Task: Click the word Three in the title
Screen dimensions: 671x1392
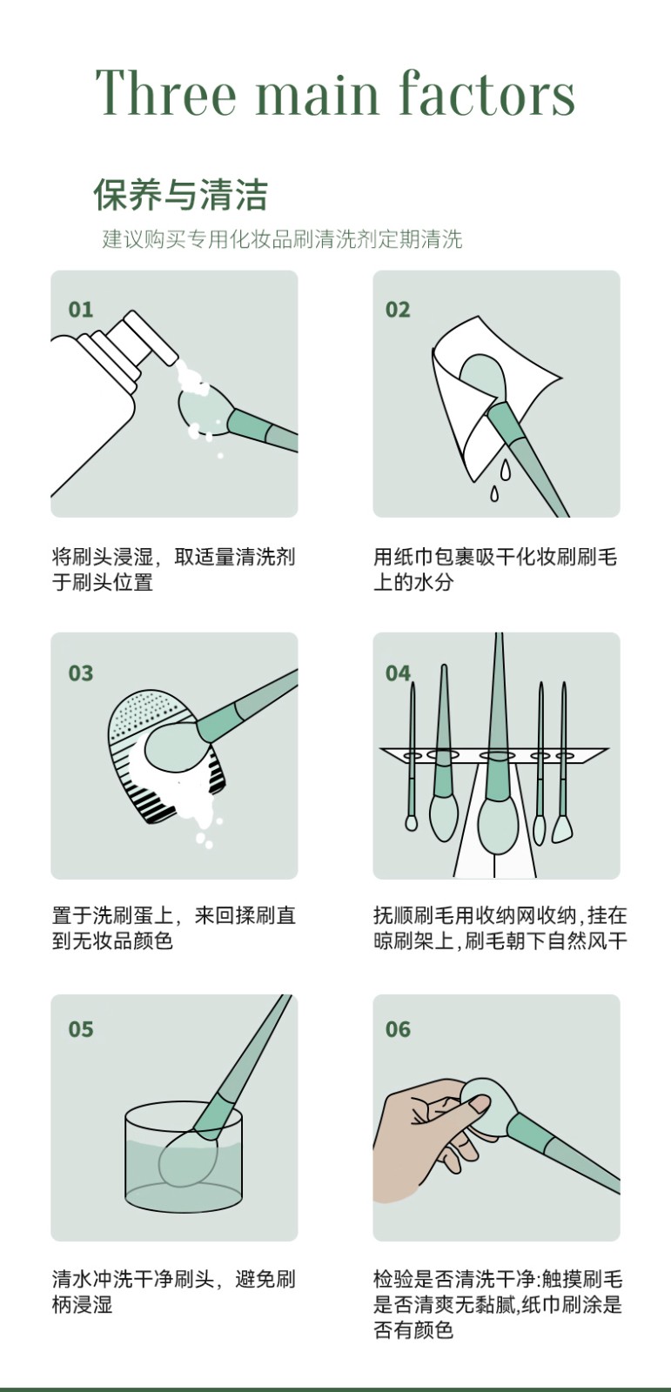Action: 166,92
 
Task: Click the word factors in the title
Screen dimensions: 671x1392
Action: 486,92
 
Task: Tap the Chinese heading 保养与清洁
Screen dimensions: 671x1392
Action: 180,195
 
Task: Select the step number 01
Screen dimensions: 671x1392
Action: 81,310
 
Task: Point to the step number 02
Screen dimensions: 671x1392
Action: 398,310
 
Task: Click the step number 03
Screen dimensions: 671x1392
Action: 81,673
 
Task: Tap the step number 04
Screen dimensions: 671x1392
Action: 398,673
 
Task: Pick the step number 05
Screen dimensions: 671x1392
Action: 81,1029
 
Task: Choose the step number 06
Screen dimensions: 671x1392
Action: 398,1029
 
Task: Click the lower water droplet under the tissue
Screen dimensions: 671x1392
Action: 494,493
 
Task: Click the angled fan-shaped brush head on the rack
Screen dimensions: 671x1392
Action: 562,829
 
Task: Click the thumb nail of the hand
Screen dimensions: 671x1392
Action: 480,1104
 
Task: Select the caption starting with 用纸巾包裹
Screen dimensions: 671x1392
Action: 495,569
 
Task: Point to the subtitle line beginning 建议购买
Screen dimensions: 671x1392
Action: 282,239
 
